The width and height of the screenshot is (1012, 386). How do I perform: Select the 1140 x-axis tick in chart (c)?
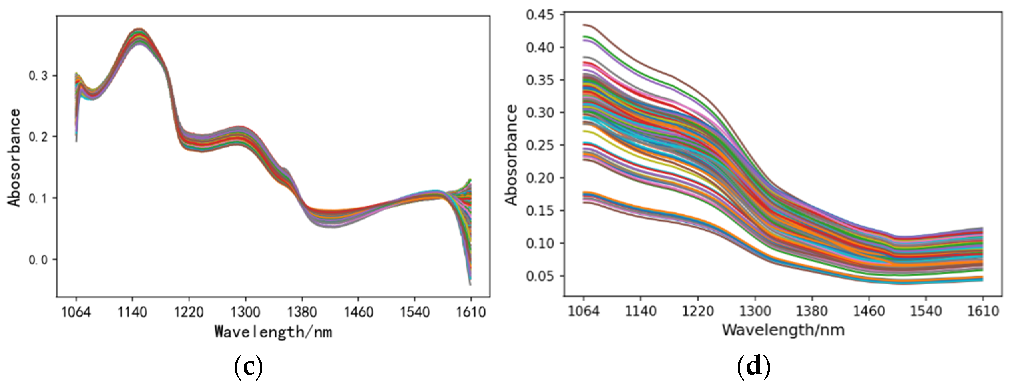tap(132, 312)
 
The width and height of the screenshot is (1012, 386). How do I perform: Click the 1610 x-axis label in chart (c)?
tap(471, 312)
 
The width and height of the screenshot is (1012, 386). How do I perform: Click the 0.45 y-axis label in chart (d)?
tap(539, 15)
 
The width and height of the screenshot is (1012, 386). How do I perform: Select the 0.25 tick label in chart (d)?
tap(539, 145)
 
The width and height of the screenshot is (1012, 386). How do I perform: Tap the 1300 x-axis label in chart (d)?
tap(755, 311)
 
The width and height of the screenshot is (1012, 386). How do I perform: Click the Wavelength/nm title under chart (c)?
tap(273, 332)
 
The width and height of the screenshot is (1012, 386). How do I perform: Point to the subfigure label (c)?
tap(248, 367)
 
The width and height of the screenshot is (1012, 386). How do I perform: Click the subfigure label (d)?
tap(753, 367)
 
